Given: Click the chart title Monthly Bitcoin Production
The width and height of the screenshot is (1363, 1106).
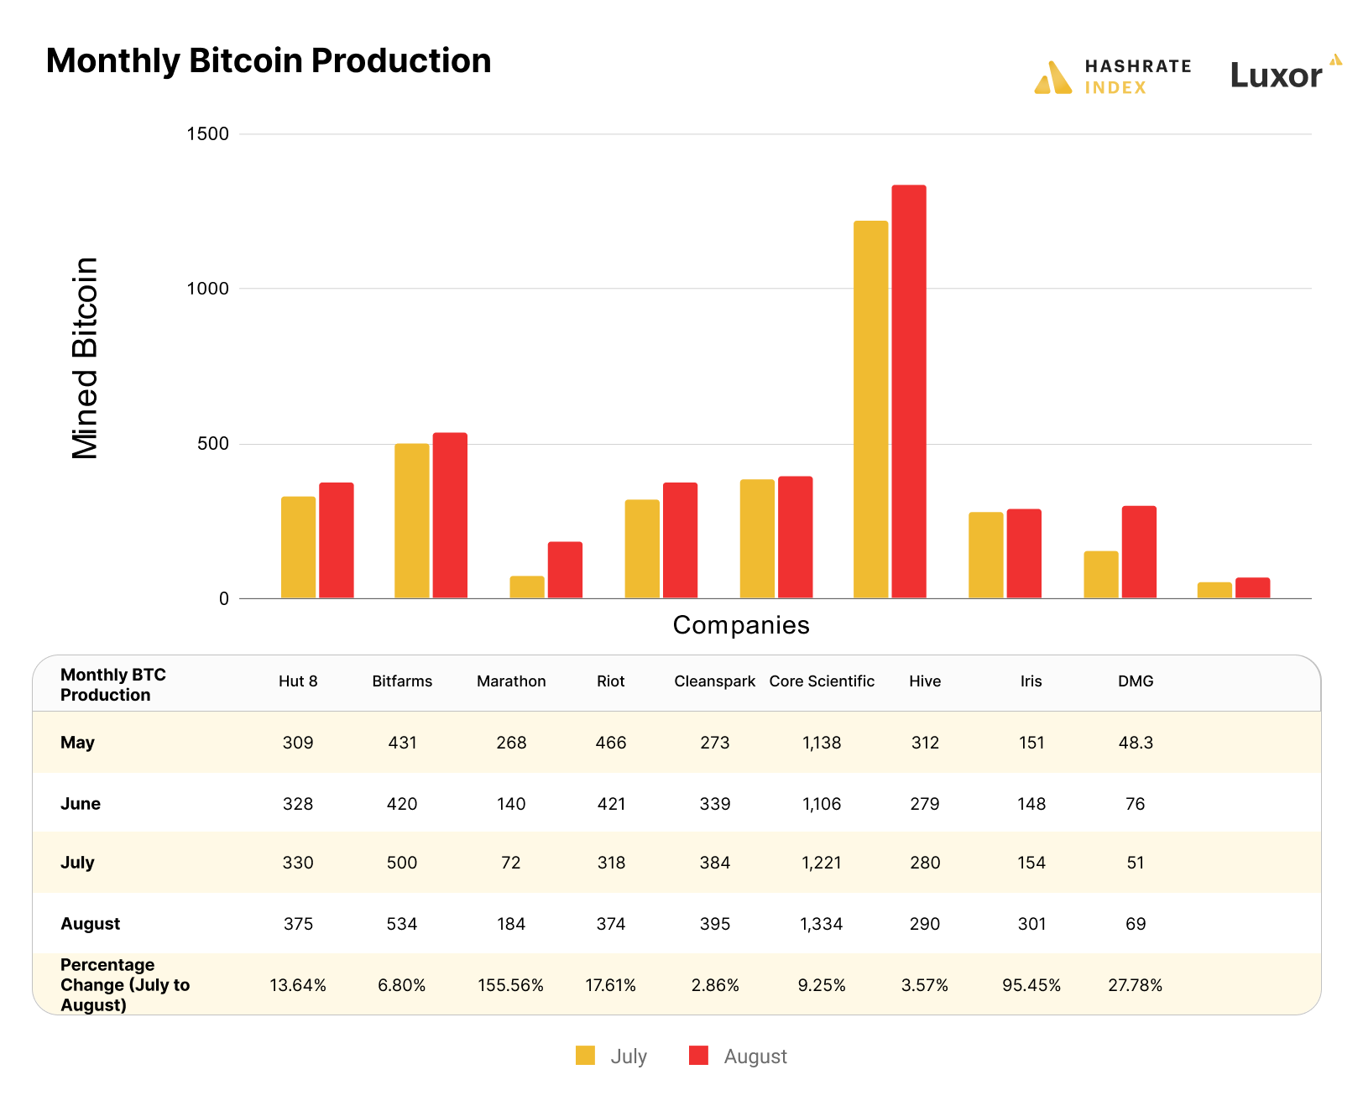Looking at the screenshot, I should (x=269, y=61).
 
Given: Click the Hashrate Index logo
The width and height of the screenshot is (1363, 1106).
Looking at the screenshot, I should (x=1112, y=77).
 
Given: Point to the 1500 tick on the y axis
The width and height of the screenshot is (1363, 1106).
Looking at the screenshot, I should (x=207, y=134).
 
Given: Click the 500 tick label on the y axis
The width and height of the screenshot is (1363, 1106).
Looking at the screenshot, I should (x=212, y=444).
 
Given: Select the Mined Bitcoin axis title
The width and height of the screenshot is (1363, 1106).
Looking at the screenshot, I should (x=86, y=358).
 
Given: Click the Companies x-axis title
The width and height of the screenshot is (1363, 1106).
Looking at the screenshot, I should (x=741, y=625).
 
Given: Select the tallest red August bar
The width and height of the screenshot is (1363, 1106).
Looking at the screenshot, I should (x=908, y=391).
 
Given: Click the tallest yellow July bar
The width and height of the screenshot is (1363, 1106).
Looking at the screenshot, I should (x=870, y=410).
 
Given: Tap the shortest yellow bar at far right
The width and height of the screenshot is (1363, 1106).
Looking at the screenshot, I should (x=1214, y=590).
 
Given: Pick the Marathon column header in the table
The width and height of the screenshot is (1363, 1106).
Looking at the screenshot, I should (x=511, y=681).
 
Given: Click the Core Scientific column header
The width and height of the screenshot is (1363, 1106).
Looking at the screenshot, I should (x=822, y=681).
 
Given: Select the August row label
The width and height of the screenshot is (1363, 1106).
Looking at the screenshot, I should (x=91, y=924).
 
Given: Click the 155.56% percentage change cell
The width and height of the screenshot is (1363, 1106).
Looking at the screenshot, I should (x=511, y=985).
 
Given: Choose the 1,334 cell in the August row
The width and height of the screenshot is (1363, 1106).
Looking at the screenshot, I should (x=822, y=924).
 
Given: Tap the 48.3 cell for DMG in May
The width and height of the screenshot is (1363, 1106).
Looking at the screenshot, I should (x=1136, y=743).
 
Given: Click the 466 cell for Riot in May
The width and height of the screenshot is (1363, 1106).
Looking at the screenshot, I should (x=611, y=743).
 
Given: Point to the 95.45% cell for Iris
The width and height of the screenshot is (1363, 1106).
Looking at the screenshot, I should (x=1031, y=985).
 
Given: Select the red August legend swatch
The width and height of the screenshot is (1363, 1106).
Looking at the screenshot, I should (x=698, y=1056).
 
